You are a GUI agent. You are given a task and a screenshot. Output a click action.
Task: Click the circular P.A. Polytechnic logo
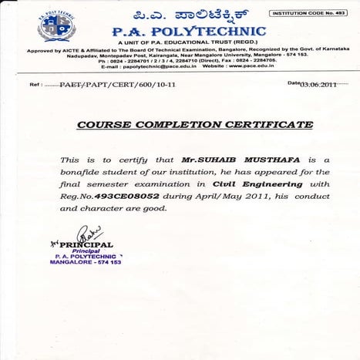point(56,25)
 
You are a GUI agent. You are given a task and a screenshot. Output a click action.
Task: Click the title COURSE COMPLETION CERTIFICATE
point(194,124)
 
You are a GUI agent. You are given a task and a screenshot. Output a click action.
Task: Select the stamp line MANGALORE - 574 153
point(86,262)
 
